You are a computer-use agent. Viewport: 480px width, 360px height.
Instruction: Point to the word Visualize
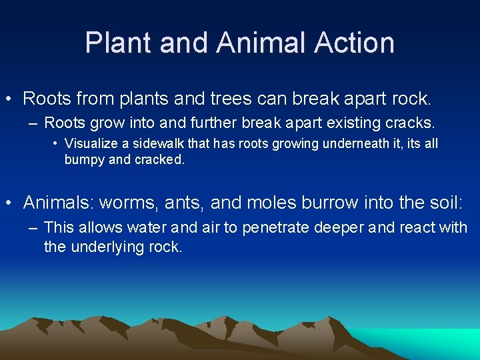93,143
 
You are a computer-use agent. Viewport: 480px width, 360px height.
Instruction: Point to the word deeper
341,228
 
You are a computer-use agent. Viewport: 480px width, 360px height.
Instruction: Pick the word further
229,123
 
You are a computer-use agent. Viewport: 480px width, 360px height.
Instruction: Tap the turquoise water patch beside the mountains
440,340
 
